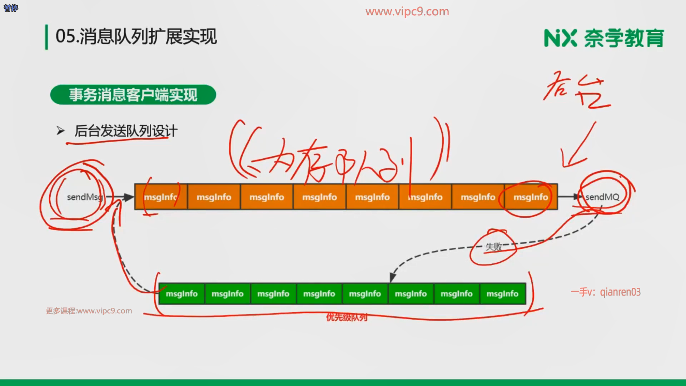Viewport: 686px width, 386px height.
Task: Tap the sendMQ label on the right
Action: point(602,197)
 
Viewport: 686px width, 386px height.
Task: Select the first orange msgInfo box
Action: point(161,197)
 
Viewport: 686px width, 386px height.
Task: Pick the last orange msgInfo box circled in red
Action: point(531,197)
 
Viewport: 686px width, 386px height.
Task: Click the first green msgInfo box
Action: point(182,294)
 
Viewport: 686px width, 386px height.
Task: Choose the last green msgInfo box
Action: point(502,294)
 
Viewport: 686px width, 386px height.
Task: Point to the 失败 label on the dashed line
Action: point(493,247)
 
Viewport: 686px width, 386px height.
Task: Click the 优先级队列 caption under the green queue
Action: point(347,317)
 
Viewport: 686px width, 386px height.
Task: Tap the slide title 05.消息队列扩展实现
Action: point(136,36)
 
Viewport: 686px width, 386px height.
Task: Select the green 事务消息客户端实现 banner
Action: point(133,95)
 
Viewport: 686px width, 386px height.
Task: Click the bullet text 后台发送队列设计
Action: point(126,131)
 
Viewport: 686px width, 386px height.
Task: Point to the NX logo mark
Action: point(560,38)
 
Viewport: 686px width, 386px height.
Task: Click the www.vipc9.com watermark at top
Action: point(407,11)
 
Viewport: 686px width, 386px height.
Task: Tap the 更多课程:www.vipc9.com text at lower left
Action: point(89,311)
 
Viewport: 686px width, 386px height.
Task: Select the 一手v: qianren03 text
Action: point(606,292)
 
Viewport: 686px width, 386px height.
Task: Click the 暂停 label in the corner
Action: point(11,8)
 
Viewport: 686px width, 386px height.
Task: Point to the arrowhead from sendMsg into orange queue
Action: point(129,197)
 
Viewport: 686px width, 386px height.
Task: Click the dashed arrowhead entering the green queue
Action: point(393,277)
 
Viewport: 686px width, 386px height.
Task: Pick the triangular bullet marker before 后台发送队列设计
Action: point(60,131)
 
